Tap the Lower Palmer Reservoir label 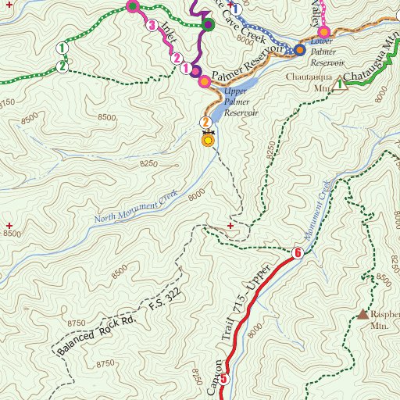(x=327, y=51)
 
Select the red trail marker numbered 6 (x=297, y=253)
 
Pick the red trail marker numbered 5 (x=225, y=380)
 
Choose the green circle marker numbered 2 (x=61, y=66)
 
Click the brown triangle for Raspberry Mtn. (x=363, y=314)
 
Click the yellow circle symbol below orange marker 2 (x=207, y=140)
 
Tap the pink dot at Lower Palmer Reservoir (x=324, y=32)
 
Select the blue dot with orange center (x=299, y=50)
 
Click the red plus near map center (x=230, y=226)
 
